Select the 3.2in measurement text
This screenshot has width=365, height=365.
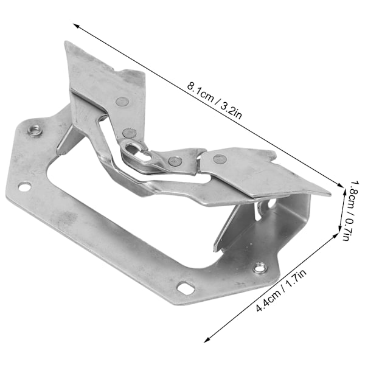click(231, 111)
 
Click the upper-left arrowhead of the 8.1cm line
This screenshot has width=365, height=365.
click(76, 26)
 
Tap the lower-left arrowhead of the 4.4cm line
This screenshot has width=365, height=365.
click(207, 340)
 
